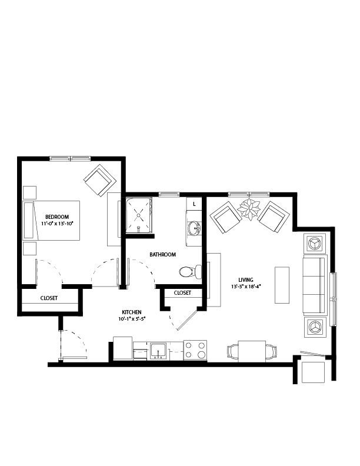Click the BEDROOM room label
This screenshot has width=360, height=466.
57,217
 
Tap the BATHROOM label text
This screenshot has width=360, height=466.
162,255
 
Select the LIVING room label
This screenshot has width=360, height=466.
246,280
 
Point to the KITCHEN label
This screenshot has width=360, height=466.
132,312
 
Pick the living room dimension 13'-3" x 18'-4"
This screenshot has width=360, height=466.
246,287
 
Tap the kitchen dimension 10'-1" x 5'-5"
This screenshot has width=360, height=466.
132,319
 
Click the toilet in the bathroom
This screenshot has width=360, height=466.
191,272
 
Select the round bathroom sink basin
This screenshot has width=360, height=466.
195,228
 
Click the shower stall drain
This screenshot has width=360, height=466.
138,215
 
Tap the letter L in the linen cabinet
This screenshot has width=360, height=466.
194,204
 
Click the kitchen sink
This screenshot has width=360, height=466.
158,351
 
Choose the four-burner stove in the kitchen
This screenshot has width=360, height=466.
195,350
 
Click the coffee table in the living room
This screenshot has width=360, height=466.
282,285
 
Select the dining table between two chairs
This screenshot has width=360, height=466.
252,351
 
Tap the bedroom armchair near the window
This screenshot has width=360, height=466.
100,181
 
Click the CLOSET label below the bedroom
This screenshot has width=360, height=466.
49,298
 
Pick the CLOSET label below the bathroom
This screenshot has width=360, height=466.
182,293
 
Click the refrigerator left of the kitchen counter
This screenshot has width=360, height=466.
123,348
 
